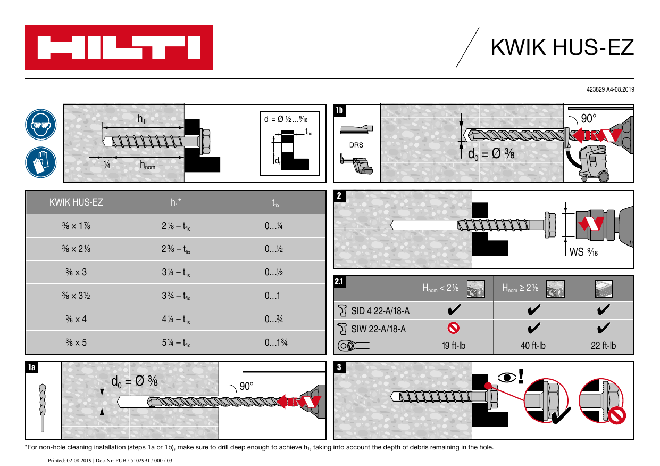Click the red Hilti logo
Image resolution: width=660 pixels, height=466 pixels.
[x=119, y=47]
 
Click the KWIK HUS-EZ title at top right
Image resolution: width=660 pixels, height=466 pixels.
[x=562, y=47]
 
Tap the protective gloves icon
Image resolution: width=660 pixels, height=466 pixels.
[x=40, y=162]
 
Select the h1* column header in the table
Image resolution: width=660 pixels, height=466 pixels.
[x=176, y=202]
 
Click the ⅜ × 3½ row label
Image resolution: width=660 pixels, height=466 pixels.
[x=76, y=296]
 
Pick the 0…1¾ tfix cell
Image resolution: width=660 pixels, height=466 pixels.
[x=277, y=342]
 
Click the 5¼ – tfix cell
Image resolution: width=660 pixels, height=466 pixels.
[x=176, y=342]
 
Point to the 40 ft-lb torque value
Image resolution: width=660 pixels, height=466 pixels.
[x=533, y=346]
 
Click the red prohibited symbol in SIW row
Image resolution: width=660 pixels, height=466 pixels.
[x=454, y=328]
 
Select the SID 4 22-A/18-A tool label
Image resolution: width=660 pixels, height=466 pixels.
[x=378, y=311]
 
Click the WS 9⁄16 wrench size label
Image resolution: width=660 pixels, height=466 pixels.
[x=584, y=252]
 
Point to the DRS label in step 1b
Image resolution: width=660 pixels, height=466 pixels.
[x=356, y=145]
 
